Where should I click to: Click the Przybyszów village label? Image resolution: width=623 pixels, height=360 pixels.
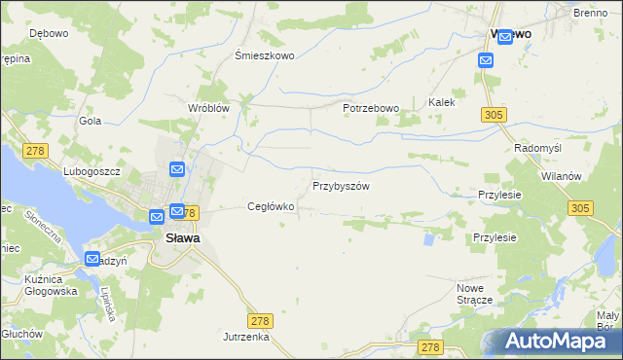(x=341, y=186)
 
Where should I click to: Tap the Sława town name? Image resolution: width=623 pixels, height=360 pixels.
(x=176, y=235)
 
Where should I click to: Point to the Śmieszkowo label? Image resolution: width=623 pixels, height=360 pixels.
(x=265, y=56)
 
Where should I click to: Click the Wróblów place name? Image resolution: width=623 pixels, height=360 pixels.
(x=208, y=108)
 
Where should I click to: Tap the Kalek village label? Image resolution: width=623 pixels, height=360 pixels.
(x=442, y=102)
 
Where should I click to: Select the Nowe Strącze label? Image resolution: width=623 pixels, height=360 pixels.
(x=482, y=294)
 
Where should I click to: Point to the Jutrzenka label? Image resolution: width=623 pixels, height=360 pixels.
(x=245, y=337)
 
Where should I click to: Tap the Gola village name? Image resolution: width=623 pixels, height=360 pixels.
(x=91, y=121)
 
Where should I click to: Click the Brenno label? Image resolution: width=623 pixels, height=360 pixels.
(x=591, y=12)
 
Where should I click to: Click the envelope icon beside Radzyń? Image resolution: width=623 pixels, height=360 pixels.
(x=92, y=260)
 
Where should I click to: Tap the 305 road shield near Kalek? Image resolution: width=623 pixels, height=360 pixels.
(x=493, y=116)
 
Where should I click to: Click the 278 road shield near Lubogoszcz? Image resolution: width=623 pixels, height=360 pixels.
(x=37, y=150)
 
